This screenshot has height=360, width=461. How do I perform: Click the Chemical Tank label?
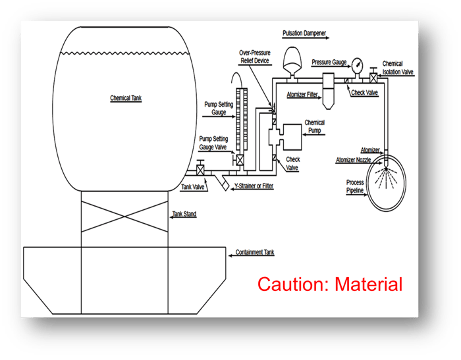(126, 98)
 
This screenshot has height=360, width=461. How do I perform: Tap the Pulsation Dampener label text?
(304, 32)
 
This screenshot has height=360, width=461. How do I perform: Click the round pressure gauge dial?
(358, 65)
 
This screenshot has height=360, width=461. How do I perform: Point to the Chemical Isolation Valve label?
(397, 68)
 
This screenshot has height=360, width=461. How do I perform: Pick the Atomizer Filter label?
(302, 95)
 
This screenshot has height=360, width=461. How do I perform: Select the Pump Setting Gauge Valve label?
(214, 143)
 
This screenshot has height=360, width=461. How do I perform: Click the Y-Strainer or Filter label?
(254, 187)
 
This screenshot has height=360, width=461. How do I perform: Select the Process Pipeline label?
(355, 186)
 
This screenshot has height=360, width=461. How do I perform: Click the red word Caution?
(293, 284)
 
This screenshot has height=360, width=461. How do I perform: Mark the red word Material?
(369, 284)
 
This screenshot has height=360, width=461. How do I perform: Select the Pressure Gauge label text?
(329, 62)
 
